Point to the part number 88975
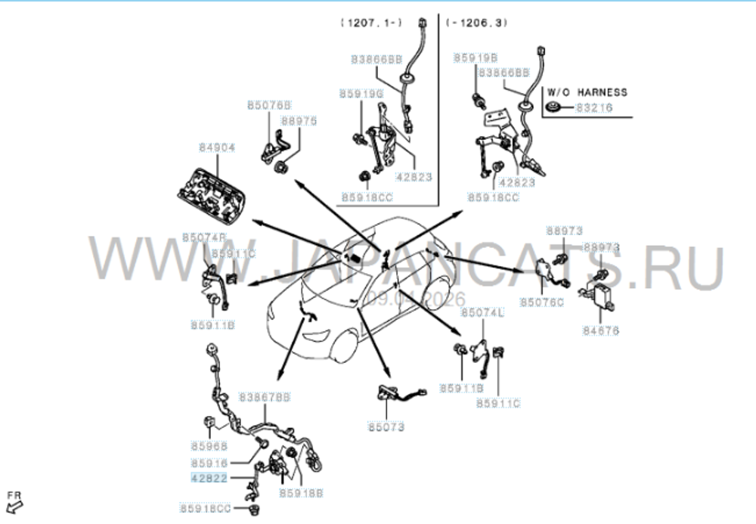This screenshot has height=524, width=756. click(x=299, y=120)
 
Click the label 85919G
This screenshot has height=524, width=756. click(x=361, y=94)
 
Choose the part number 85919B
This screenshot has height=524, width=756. click(x=475, y=57)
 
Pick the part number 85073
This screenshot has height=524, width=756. click(x=386, y=427)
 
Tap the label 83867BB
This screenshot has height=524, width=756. click(x=265, y=396)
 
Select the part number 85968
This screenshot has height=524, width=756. click(x=209, y=446)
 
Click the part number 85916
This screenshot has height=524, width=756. click(x=209, y=463)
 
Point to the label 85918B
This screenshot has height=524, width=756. click(x=301, y=492)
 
